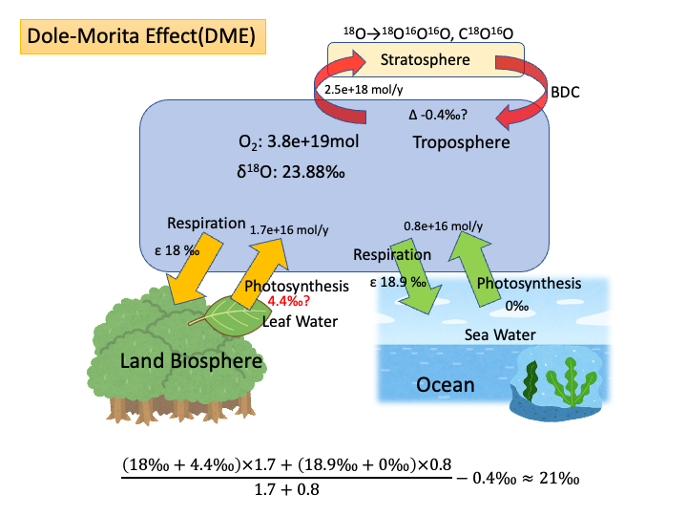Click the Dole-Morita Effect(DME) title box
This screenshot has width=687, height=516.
pos(142,38)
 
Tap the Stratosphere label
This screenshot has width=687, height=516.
pos(427,61)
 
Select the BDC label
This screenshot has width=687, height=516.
pos(566,93)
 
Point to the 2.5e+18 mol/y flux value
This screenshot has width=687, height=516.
pos(364,89)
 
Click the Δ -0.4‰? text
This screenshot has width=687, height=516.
pos(438,115)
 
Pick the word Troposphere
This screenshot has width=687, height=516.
pos(462,142)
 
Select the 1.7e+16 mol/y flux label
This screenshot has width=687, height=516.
pos(289,229)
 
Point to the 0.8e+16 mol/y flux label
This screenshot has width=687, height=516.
pos(444,226)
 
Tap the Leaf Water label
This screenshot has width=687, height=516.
pos(300,321)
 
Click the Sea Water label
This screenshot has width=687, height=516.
pos(500,334)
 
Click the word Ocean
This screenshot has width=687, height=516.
pos(446,385)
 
